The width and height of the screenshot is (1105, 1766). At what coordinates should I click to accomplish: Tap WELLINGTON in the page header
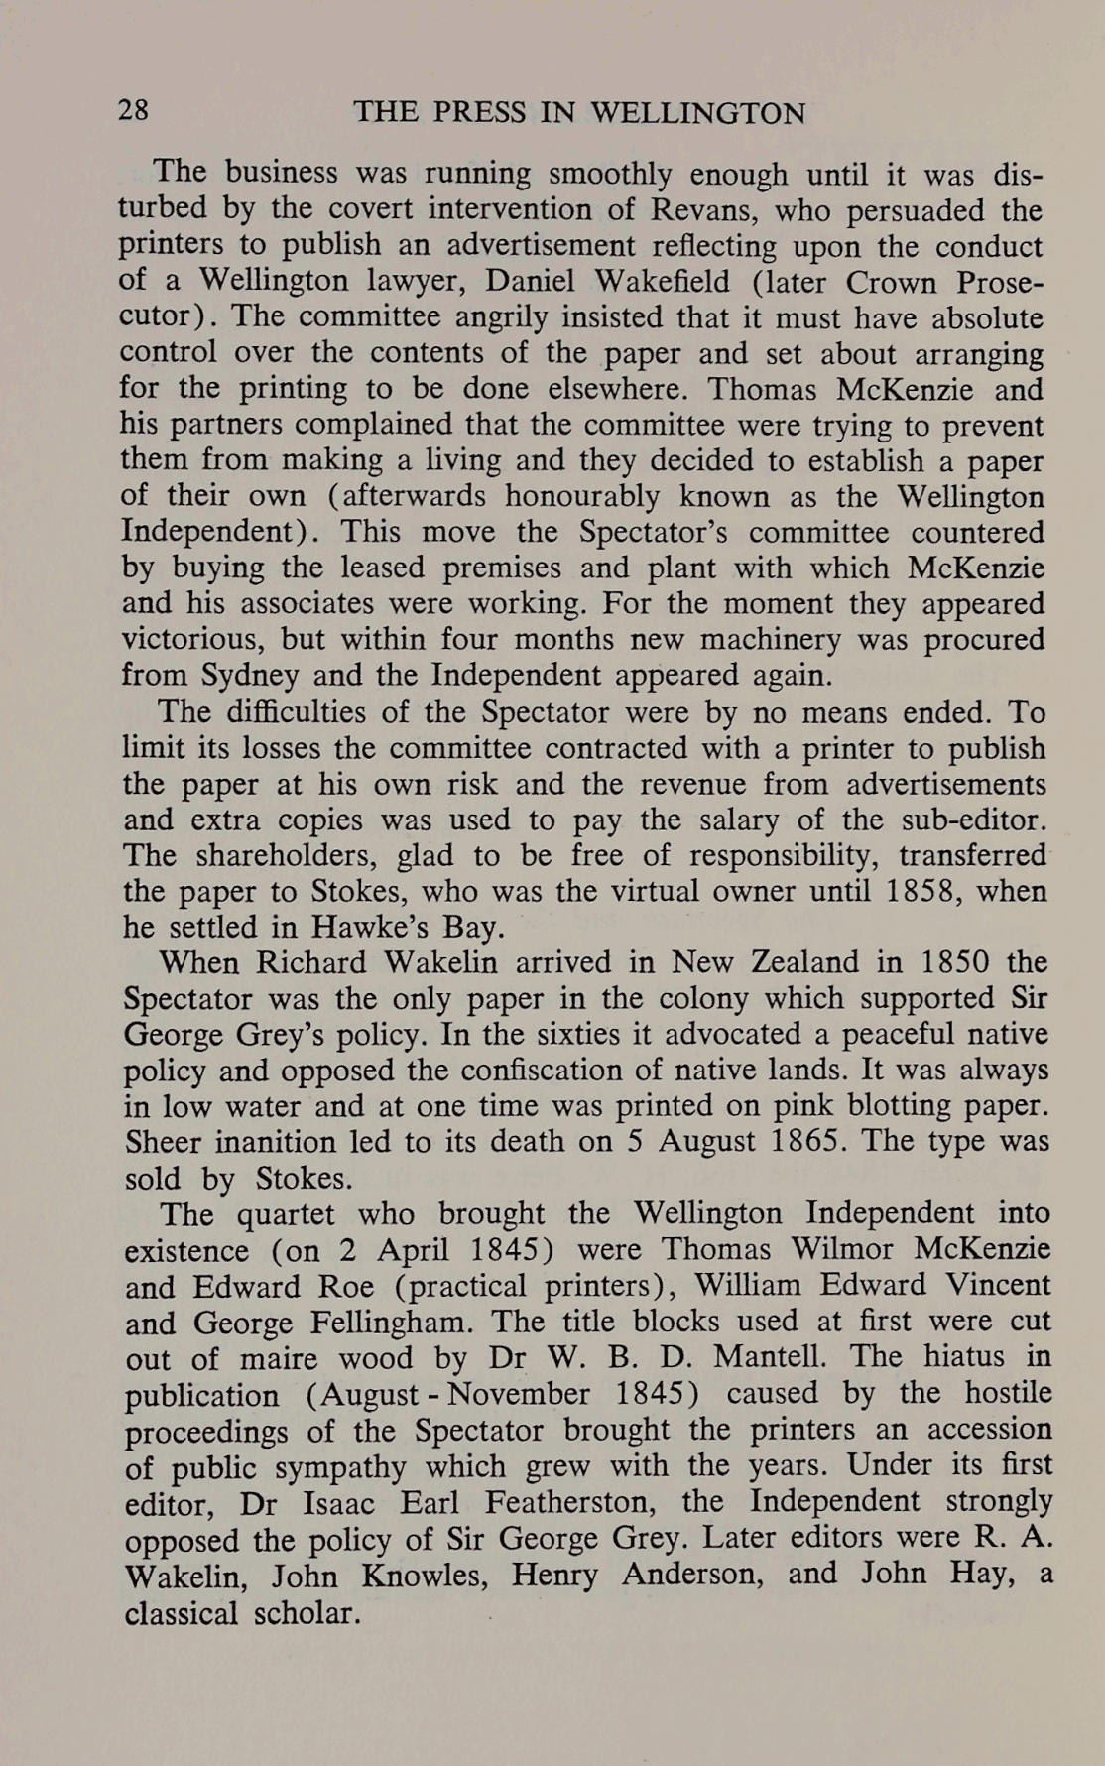[697, 113]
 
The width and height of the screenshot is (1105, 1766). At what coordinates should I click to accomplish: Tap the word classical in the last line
[182, 1612]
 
